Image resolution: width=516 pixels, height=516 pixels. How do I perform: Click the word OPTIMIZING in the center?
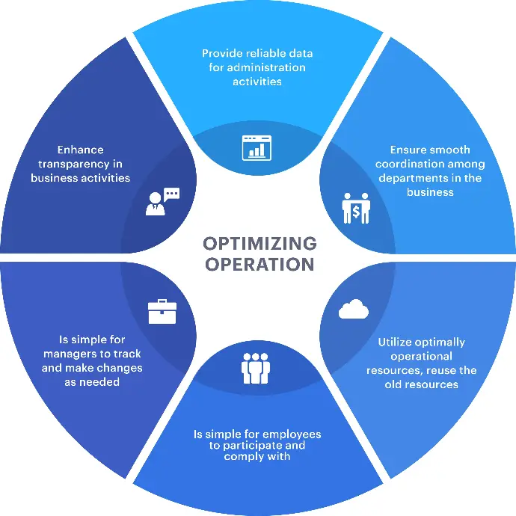[259, 245]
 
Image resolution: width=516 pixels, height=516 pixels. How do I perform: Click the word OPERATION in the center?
[259, 264]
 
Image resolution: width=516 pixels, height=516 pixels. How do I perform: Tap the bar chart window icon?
[257, 147]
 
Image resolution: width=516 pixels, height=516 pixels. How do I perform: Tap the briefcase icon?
[162, 311]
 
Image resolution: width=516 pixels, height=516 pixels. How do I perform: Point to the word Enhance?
[80, 150]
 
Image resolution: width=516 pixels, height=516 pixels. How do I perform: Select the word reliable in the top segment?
[264, 54]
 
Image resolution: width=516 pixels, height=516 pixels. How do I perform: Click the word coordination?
[410, 164]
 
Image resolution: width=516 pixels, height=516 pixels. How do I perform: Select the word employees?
[292, 434]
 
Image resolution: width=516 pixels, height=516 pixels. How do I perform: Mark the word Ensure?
[408, 150]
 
